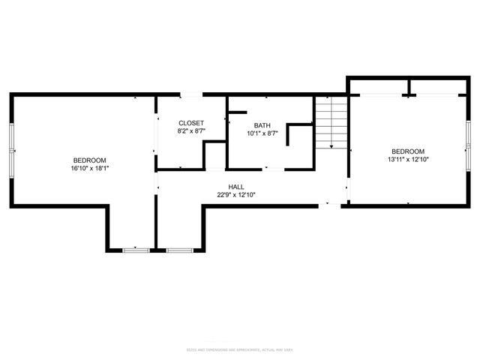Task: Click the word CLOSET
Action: click(x=190, y=123)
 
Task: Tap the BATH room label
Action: click(x=262, y=126)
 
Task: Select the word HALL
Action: click(x=236, y=187)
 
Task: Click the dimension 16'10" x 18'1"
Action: click(x=89, y=169)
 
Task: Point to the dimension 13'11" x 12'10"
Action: click(x=408, y=159)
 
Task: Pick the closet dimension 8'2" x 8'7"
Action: click(x=190, y=131)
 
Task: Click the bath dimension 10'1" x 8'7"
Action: click(x=262, y=133)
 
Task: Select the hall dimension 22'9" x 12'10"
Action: click(x=236, y=195)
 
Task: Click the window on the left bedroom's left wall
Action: click(x=11, y=150)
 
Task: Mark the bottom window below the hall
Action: click(x=179, y=250)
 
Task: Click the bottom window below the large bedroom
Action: click(x=136, y=250)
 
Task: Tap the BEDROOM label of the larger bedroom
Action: click(x=89, y=160)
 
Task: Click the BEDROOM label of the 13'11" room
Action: click(x=408, y=151)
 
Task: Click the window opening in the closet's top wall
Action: click(x=192, y=94)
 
